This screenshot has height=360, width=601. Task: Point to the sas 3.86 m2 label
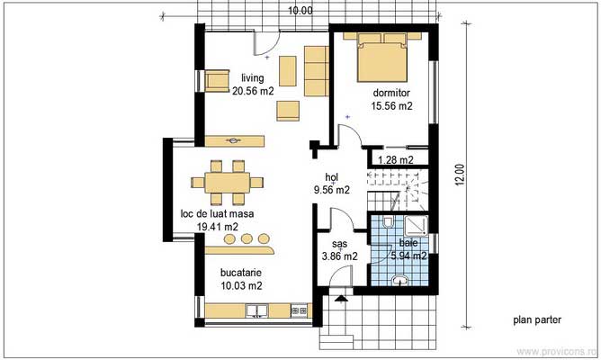click(339, 249)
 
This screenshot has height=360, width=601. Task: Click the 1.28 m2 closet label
click(395, 160)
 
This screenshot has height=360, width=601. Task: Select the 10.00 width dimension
click(300, 11)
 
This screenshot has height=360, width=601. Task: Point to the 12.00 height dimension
click(461, 175)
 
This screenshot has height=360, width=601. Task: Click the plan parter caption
click(537, 319)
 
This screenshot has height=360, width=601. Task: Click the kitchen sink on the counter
click(256, 311)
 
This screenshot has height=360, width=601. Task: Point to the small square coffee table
click(287, 109)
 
